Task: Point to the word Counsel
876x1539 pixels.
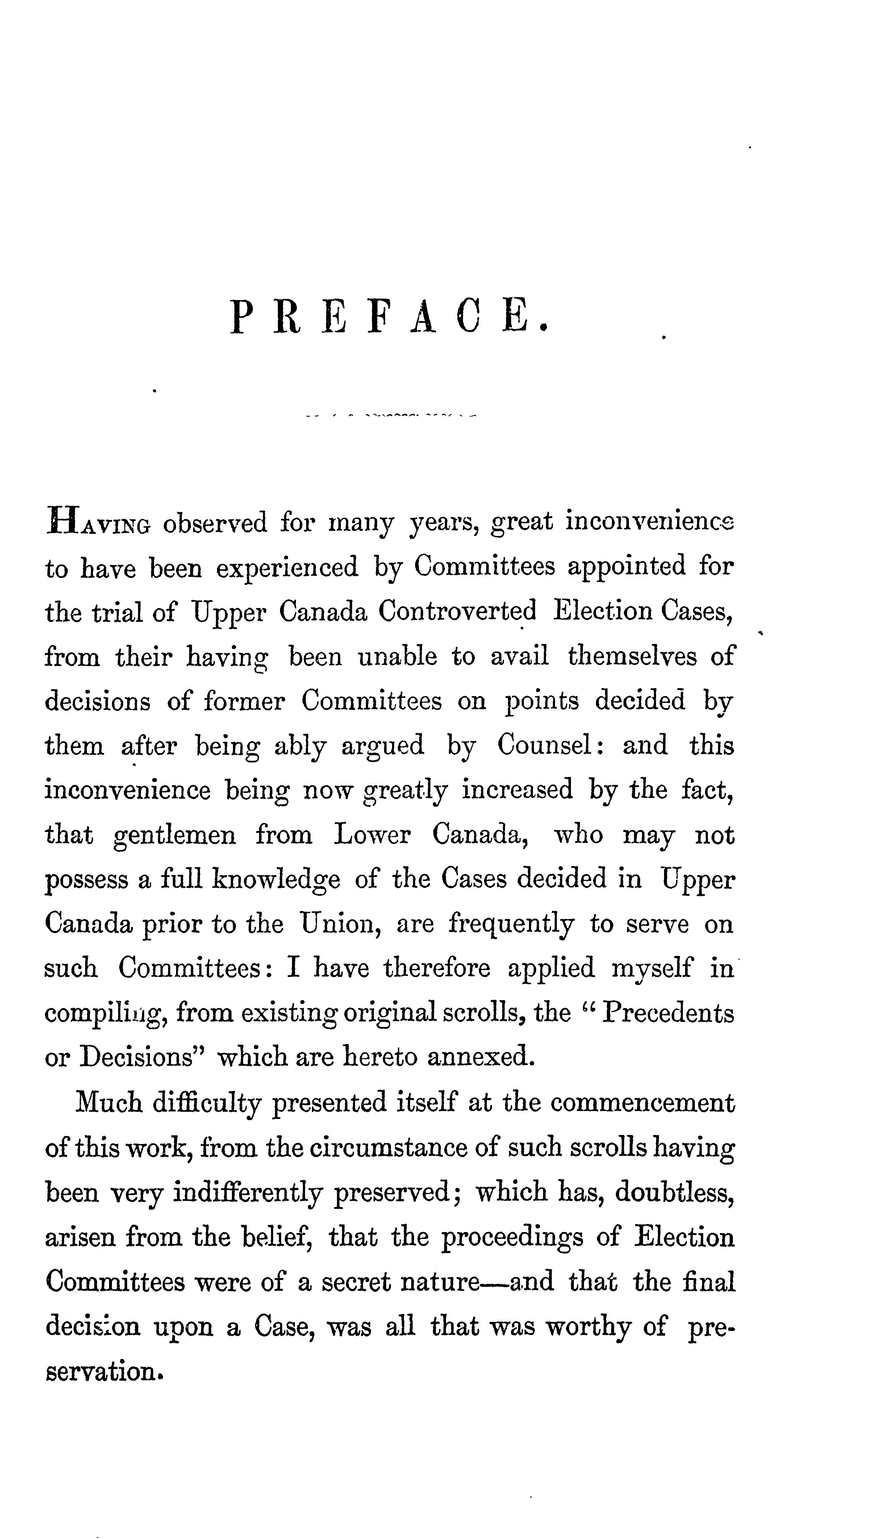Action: point(547,745)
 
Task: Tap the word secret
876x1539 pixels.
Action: point(355,1281)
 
